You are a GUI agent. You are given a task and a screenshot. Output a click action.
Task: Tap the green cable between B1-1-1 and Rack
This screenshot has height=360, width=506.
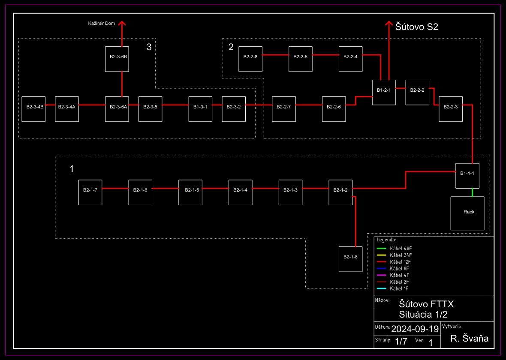pyautogui.click(x=472, y=192)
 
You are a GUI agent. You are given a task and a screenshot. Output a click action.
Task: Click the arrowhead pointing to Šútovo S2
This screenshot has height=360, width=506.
pyautogui.click(x=389, y=24)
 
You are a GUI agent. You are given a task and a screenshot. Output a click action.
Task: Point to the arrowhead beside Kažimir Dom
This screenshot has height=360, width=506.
pyautogui.click(x=122, y=24)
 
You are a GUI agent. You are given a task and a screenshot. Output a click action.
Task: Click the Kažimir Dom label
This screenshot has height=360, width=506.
pyautogui.click(x=99, y=23)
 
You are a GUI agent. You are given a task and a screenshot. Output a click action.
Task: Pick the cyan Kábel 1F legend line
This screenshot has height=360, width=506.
pyautogui.click(x=382, y=288)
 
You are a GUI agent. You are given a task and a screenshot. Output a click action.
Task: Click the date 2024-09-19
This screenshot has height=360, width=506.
pyautogui.click(x=415, y=329)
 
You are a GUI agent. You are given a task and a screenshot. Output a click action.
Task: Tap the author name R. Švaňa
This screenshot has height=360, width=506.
pyautogui.click(x=470, y=339)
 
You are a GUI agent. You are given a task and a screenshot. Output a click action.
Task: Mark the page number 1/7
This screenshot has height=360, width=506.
pyautogui.click(x=401, y=342)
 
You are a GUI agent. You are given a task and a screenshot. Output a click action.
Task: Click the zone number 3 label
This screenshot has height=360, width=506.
pyautogui.click(x=149, y=47)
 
